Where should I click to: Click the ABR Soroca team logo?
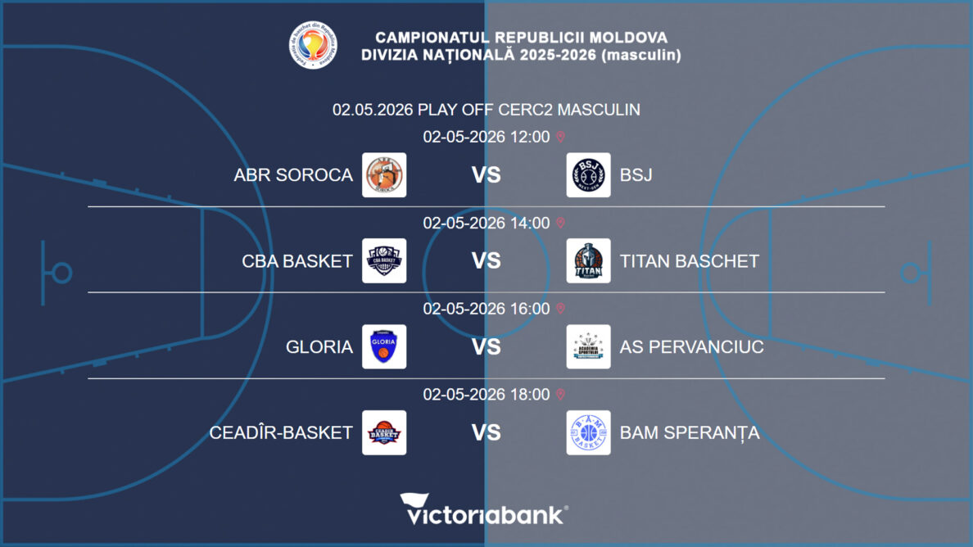pyautogui.click(x=384, y=174)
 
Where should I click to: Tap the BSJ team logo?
pyautogui.click(x=588, y=174)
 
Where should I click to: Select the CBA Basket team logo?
pyautogui.click(x=384, y=260)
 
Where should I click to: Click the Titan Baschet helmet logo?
pyautogui.click(x=588, y=260)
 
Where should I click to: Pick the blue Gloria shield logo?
pyautogui.click(x=384, y=346)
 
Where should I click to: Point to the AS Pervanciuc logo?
pyautogui.click(x=588, y=346)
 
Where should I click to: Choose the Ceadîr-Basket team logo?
pyautogui.click(x=384, y=432)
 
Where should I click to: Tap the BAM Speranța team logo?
pyautogui.click(x=588, y=432)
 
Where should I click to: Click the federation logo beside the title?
pyautogui.click(x=314, y=45)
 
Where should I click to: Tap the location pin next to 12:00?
pyautogui.click(x=560, y=137)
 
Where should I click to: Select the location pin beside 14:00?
pyautogui.click(x=560, y=223)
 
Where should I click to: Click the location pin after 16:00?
pyautogui.click(x=560, y=309)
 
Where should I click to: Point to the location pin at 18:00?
pyautogui.click(x=560, y=395)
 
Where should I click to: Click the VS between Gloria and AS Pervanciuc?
pyautogui.click(x=486, y=346)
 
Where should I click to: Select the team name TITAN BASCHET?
pyautogui.click(x=689, y=260)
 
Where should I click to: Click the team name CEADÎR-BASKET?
pyautogui.click(x=281, y=432)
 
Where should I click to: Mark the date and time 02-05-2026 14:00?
pyautogui.click(x=486, y=223)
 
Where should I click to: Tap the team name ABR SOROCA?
pyautogui.click(x=293, y=174)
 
